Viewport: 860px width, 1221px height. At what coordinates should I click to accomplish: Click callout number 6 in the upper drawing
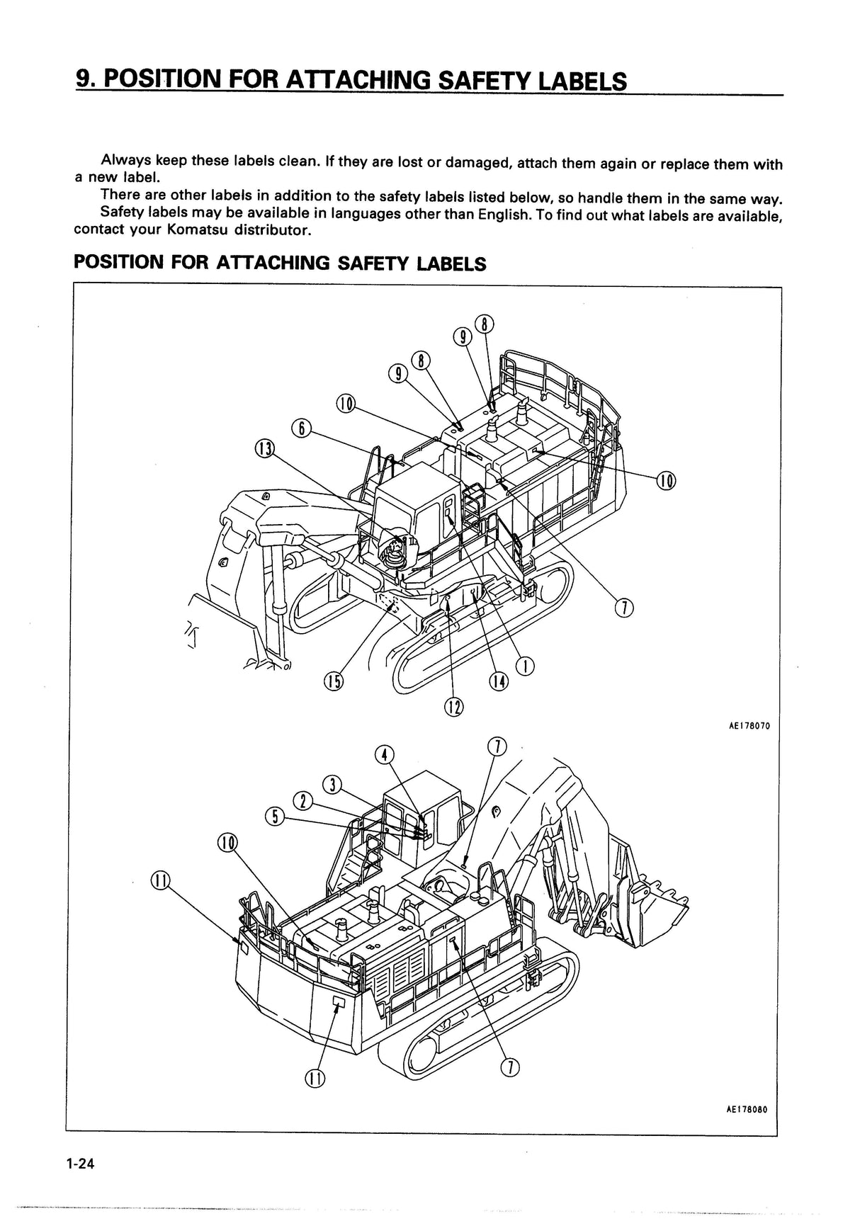pyautogui.click(x=301, y=428)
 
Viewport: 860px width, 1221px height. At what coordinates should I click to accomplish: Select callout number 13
pyautogui.click(x=264, y=448)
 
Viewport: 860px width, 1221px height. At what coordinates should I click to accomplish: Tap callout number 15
pyautogui.click(x=332, y=681)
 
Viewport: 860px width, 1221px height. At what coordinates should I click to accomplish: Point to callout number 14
pyautogui.click(x=499, y=681)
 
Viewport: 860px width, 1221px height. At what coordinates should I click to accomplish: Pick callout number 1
pyautogui.click(x=525, y=666)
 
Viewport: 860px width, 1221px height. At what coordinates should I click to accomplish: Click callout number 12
pyautogui.click(x=453, y=706)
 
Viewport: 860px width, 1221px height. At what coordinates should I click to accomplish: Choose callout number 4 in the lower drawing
pyautogui.click(x=383, y=754)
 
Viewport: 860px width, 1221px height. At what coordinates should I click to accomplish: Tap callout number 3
pyautogui.click(x=332, y=785)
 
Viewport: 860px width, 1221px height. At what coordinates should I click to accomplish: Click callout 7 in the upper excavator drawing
pyautogui.click(x=623, y=608)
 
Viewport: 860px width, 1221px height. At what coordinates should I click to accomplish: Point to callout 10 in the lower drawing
pyautogui.click(x=227, y=843)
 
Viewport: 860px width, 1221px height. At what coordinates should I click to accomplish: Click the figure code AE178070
pyautogui.click(x=748, y=726)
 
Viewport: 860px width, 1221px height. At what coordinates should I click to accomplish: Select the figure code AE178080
pyautogui.click(x=747, y=1130)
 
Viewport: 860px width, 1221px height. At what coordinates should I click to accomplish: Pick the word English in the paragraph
pyautogui.click(x=504, y=214)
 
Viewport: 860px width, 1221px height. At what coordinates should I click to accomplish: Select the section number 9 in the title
pyautogui.click(x=85, y=80)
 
